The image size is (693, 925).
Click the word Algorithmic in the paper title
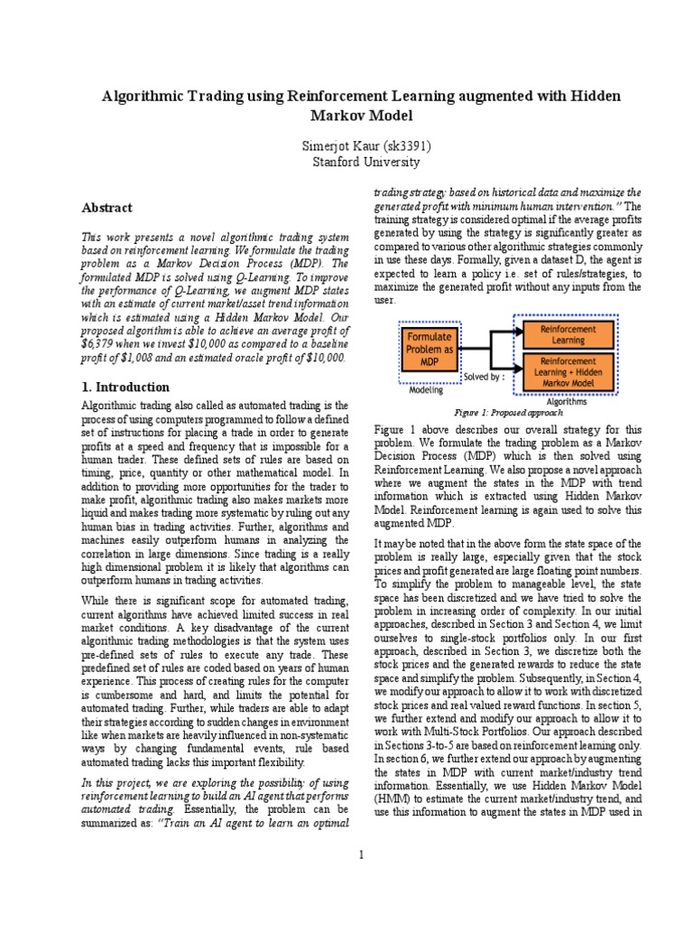coord(142,96)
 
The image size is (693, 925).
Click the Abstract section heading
coord(107,208)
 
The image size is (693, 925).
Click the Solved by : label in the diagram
coord(484,376)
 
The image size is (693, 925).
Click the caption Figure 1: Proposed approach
coord(510,413)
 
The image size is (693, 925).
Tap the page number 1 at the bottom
coord(361,855)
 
